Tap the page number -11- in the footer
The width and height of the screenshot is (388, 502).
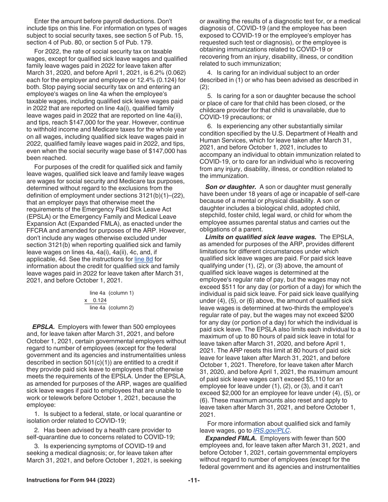[x=194, y=480]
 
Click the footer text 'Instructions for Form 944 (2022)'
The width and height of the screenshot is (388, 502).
[x=70, y=480]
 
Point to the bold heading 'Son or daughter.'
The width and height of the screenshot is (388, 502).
[x=230, y=187]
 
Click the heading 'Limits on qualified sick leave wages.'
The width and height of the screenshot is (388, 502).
[x=261, y=237]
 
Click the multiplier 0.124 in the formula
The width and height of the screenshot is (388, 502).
[x=100, y=300]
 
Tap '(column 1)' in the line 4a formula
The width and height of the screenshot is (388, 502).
[x=121, y=293]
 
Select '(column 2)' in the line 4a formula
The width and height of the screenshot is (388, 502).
[x=121, y=308]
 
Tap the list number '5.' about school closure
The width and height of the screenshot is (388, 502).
[x=210, y=96]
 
